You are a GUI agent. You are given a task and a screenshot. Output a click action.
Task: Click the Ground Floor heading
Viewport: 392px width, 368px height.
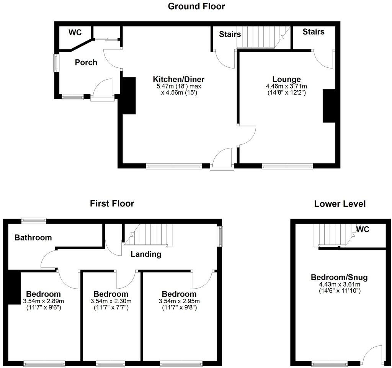pos(197,6)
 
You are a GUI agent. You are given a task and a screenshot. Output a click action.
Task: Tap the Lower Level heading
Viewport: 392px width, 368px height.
pos(340,204)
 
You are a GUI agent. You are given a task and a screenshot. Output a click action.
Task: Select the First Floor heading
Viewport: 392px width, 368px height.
pos(112,203)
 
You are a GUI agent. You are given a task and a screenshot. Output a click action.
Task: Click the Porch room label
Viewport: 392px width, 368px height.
pos(86,62)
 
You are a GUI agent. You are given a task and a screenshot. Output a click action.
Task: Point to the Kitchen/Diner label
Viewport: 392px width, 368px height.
pos(179,79)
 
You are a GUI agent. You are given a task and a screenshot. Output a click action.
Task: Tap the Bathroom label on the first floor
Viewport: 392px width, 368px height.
pos(33,237)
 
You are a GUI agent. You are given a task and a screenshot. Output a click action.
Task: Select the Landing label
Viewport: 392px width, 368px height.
pos(146,254)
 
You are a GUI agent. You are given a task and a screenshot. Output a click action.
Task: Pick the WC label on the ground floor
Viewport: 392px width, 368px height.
pos(75,33)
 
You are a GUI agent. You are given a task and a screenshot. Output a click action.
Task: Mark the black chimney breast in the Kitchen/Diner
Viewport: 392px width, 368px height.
pos(128,96)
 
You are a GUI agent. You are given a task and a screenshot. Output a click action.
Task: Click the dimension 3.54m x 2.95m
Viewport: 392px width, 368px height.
pos(178,301)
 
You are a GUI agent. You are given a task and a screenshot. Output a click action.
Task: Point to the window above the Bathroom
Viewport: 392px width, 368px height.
pos(34,220)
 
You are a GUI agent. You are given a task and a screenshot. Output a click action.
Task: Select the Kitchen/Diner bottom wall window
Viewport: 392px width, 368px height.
pos(174,166)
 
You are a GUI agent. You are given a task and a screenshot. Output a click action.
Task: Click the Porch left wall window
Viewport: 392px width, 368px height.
pos(56,63)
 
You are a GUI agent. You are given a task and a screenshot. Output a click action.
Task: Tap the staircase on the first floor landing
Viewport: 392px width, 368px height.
pos(151,234)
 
